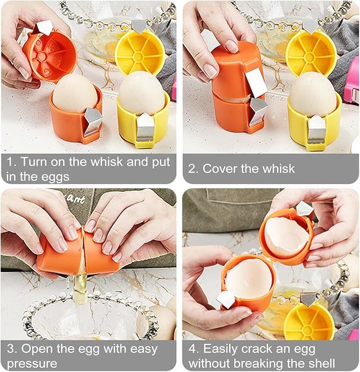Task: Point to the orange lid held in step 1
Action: click(49, 56)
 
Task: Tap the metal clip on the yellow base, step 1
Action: click(144, 129)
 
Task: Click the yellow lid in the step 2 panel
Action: click(311, 52)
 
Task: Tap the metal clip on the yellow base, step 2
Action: click(317, 130)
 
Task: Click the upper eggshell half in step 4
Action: click(286, 236)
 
